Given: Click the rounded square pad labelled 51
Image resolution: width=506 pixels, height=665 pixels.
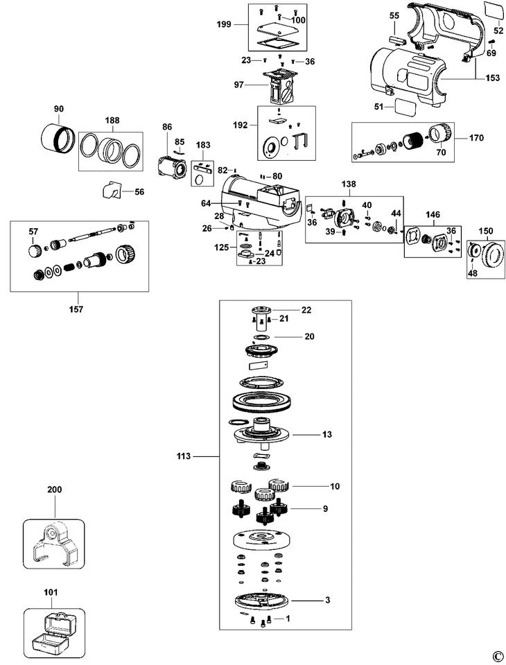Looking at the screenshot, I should (405, 107).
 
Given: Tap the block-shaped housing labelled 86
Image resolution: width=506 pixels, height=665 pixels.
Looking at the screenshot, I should (171, 167).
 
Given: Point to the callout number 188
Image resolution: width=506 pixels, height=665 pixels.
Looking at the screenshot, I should (111, 119).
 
